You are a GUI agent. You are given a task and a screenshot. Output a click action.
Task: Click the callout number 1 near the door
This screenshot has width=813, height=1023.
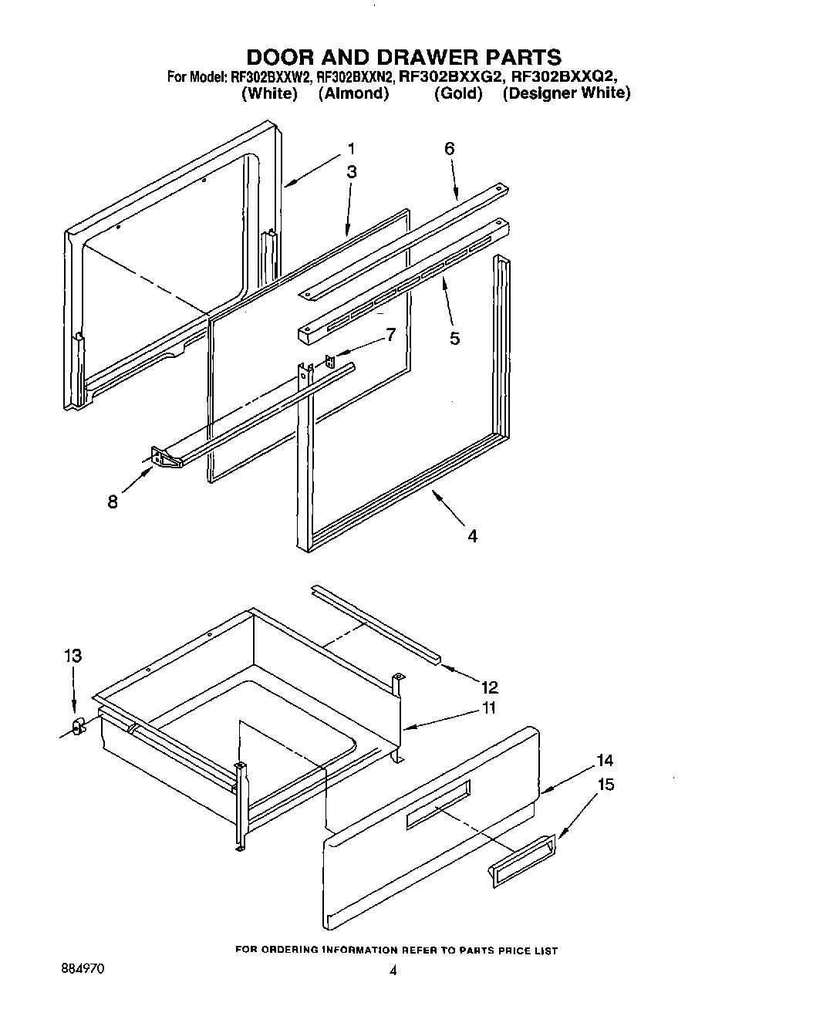[x=351, y=149]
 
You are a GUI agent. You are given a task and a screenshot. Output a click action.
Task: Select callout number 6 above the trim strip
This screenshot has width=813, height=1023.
[x=450, y=149]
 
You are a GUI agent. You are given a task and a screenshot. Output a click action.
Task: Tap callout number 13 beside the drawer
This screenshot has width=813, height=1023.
[x=73, y=656]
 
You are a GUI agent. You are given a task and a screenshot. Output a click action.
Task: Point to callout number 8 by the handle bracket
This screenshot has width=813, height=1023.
[x=113, y=502]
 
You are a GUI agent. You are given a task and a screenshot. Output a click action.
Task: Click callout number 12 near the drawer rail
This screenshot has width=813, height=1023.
[x=489, y=687]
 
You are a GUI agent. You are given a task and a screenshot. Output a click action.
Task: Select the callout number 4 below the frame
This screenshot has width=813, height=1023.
[x=472, y=535]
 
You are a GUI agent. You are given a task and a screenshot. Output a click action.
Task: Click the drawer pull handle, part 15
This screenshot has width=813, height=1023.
[x=521, y=857]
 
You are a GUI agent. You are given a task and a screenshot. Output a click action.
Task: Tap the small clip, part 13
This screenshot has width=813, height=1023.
[x=77, y=727]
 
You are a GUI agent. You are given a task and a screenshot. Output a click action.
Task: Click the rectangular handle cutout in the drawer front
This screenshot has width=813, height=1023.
[x=437, y=805]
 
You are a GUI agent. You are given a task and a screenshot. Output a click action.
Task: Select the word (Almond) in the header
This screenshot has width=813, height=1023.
[x=353, y=93]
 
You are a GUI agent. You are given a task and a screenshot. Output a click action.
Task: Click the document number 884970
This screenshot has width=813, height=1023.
[x=83, y=965]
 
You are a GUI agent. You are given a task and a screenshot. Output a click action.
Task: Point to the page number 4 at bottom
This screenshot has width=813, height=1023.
[x=393, y=972]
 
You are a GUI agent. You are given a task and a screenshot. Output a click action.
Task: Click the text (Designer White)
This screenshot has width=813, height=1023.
[x=566, y=93]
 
